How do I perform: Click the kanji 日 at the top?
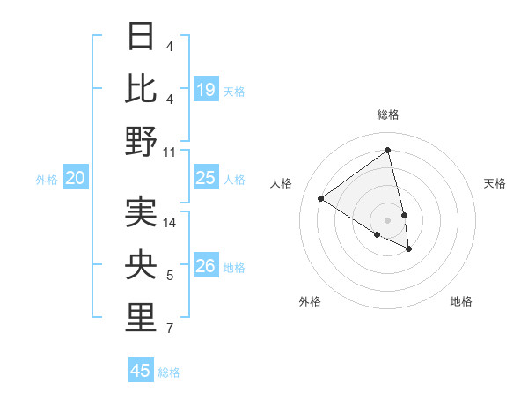(141, 37)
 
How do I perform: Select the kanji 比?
(141, 88)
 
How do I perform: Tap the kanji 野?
(141, 141)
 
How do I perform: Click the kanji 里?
(141, 318)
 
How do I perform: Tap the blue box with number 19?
(206, 89)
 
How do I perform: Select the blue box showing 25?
(206, 178)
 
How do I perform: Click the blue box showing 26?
(206, 266)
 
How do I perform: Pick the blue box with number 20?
(75, 178)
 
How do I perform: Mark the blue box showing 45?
(141, 371)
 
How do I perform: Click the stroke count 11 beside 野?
(170, 152)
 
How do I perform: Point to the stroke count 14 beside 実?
(170, 222)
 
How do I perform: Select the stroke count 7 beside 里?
(170, 329)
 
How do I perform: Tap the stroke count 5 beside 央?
(170, 277)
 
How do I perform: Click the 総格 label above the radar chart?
(388, 115)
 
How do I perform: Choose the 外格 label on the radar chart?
(310, 301)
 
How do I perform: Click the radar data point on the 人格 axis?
(321, 199)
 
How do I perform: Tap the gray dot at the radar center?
(388, 219)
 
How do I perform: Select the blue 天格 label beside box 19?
(234, 91)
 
